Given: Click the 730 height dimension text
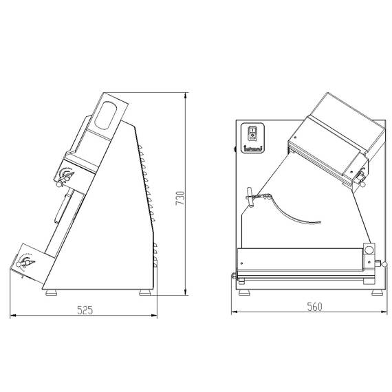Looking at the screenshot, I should point(181,197).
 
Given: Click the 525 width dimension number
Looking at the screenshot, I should point(83,310).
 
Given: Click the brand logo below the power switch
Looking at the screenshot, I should point(252,146).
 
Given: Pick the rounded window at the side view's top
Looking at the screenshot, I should point(107,114).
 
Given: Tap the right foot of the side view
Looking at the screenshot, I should point(145,292).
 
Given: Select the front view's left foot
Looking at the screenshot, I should point(245,292).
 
